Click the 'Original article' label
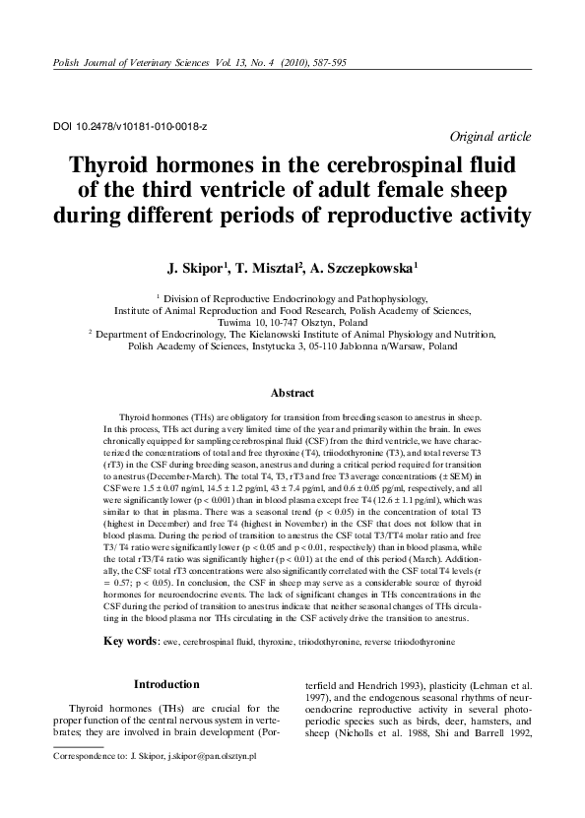pos(489,137)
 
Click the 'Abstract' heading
pos(292,393)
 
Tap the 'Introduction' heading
pos(166,683)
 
